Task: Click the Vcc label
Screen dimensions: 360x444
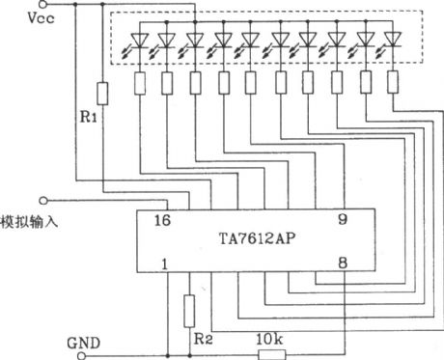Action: click(25, 17)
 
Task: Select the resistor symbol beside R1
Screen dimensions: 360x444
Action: click(103, 95)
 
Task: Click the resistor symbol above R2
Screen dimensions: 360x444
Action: click(190, 309)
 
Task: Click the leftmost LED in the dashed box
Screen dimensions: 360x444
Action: click(137, 41)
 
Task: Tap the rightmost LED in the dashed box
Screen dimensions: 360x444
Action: click(392, 41)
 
